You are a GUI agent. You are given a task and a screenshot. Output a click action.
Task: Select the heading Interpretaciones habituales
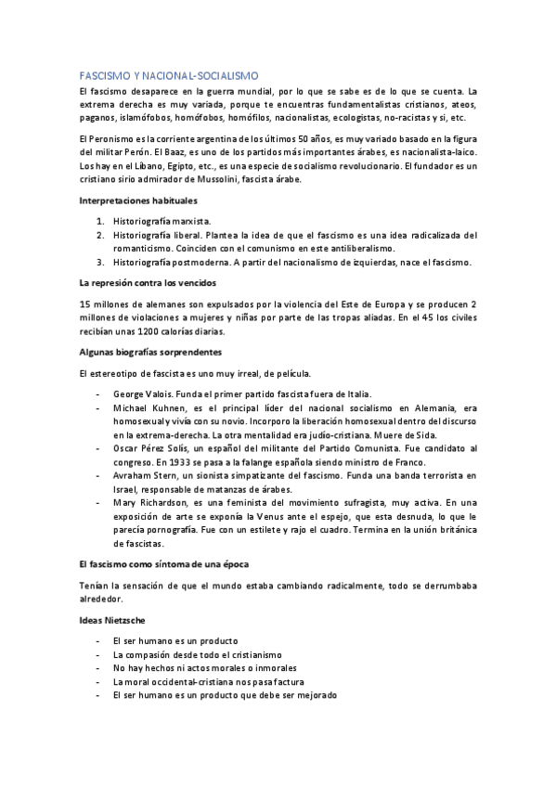(136, 201)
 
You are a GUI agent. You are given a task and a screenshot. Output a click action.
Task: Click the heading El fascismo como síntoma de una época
(163, 564)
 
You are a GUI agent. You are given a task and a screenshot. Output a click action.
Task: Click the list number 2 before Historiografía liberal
(100, 236)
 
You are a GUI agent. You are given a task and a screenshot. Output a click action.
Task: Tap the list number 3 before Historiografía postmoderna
(100, 263)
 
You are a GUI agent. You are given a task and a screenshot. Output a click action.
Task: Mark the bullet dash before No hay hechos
(99, 668)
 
